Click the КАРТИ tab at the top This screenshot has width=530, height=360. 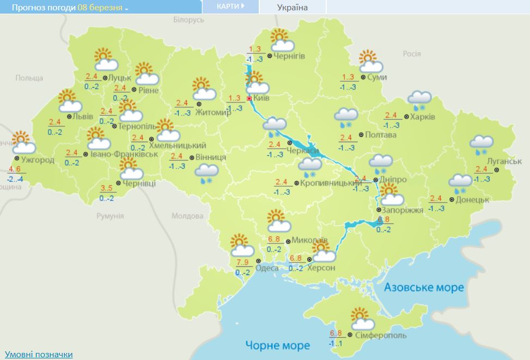coord(227,7)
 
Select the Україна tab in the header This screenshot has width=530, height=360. coord(293,8)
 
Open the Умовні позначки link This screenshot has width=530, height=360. coord(38,355)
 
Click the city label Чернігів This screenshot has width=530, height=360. coord(289,56)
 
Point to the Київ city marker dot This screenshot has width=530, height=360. coord(249,99)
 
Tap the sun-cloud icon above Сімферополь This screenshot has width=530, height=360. coord(361,317)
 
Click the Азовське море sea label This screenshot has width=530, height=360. coord(424,287)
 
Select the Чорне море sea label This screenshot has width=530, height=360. coord(277,345)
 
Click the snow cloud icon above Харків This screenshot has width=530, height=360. coord(420,99)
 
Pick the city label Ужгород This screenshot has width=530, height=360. coord(38,160)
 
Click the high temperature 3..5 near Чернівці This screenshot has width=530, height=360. coord(107,189)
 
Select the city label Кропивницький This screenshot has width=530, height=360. coord(327,184)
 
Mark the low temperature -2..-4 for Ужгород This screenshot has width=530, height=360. coord(15,179)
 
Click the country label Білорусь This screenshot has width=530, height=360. coord(188,20)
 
